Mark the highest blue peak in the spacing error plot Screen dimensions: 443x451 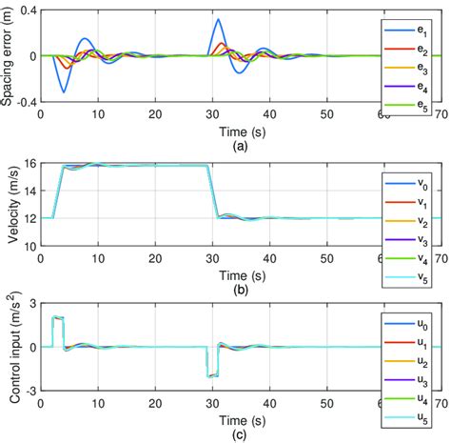(x=219, y=19)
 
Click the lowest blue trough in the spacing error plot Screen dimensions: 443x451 (x=64, y=91)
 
